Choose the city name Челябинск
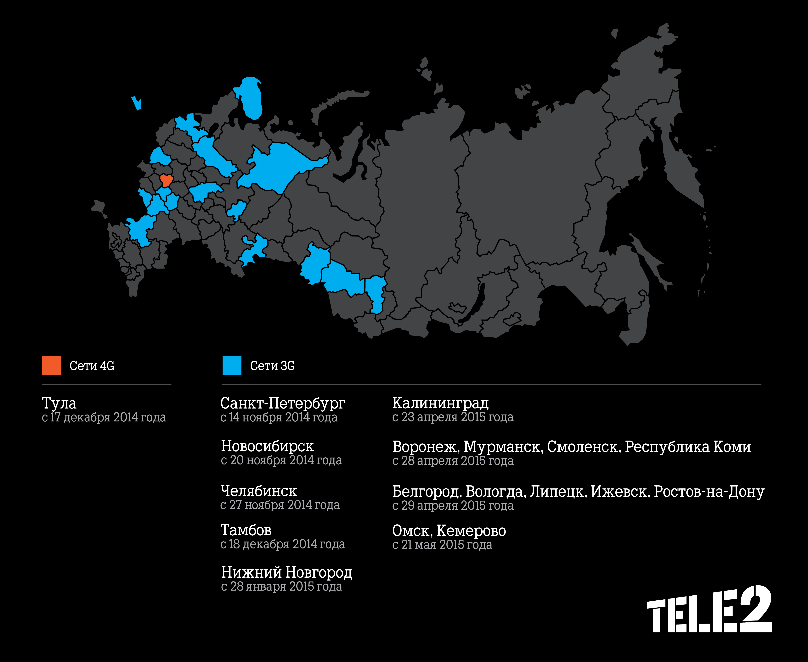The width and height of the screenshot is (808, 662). click(x=259, y=491)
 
